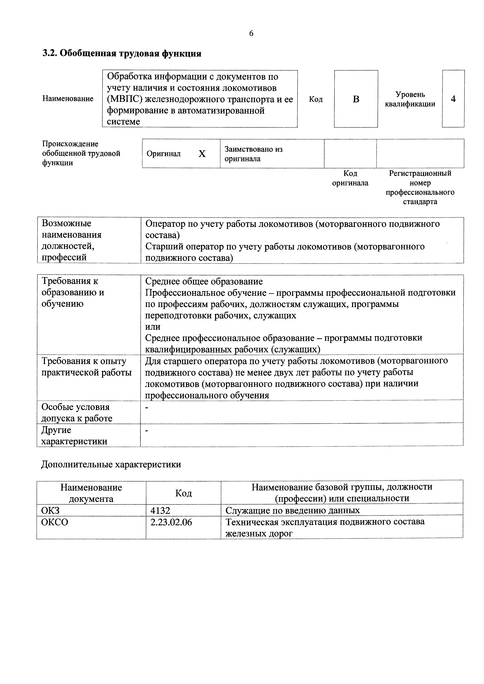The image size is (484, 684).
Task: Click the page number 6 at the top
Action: click(251, 33)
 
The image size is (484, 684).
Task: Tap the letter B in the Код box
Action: click(356, 99)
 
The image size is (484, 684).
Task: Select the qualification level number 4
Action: click(453, 99)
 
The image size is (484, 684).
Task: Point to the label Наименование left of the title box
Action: click(68, 99)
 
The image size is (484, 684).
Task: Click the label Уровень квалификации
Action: click(410, 99)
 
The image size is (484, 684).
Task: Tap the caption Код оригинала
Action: click(350, 178)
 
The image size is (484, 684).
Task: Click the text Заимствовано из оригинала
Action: click(254, 154)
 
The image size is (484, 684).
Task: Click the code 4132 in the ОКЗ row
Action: click(160, 510)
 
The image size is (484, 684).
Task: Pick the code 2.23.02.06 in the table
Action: click(171, 522)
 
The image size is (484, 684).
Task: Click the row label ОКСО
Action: click(55, 522)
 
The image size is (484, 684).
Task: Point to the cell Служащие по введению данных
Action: click(292, 510)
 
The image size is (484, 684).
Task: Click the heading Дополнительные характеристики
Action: click(111, 464)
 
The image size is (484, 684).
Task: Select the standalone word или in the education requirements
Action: click(153, 327)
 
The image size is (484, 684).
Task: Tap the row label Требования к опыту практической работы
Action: click(86, 367)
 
